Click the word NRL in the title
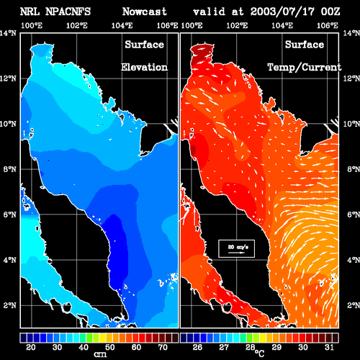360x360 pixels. (30, 12)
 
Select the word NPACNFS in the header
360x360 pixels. (68, 12)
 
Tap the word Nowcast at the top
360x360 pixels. (144, 12)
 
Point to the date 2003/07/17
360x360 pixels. (282, 12)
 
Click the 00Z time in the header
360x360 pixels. (330, 12)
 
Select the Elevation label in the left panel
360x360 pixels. (144, 67)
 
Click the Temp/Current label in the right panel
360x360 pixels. (305, 68)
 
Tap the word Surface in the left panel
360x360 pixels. (144, 45)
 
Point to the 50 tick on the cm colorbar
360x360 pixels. (110, 347)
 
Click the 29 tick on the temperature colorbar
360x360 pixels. (276, 347)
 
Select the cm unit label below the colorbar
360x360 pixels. (100, 354)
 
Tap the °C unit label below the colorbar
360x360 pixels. (259, 354)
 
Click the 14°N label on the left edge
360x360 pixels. (8, 33)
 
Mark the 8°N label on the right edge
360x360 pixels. (354, 169)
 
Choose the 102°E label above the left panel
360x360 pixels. (77, 26)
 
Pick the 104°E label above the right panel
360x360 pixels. (282, 26)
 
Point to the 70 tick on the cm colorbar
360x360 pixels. (163, 347)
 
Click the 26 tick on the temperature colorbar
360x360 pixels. (197, 347)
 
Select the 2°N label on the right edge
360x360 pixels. (354, 305)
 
